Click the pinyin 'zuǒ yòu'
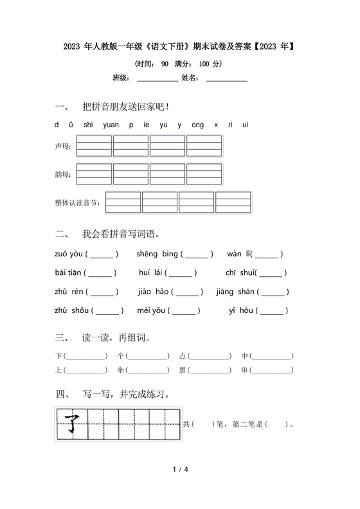click(x=68, y=254)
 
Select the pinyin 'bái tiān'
click(x=68, y=273)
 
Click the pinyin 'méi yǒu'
click(x=152, y=312)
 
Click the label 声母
click(x=63, y=147)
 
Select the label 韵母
click(x=63, y=175)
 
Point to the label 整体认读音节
click(x=78, y=203)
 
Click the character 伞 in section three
click(x=120, y=370)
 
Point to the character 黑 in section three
click(x=182, y=370)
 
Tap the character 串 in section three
click(x=245, y=370)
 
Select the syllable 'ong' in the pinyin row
click(x=197, y=125)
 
